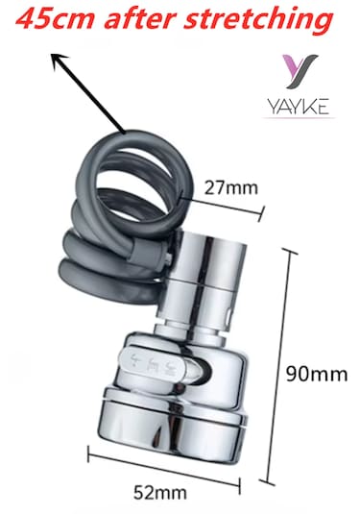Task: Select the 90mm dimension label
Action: pyautogui.click(x=320, y=373)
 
